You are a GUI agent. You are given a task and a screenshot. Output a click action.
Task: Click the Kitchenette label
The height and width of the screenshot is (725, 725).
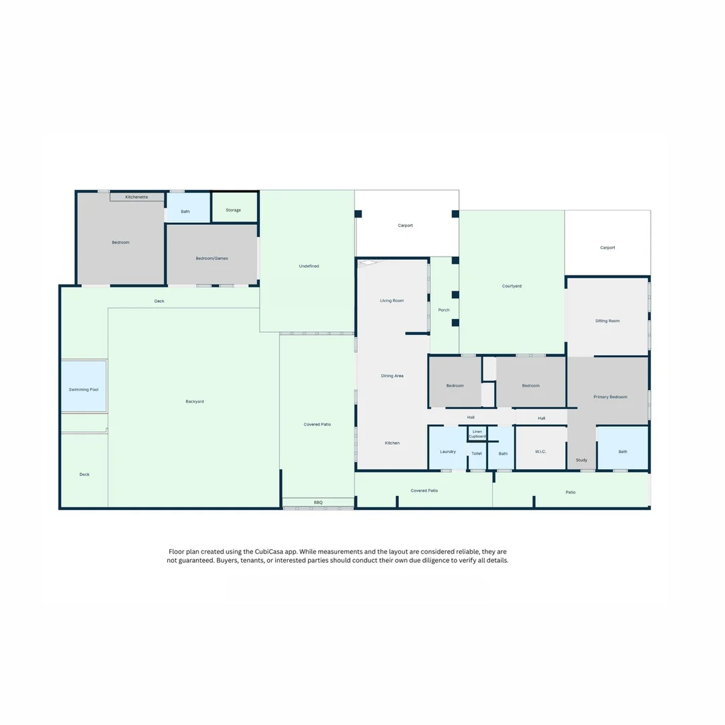point(136,197)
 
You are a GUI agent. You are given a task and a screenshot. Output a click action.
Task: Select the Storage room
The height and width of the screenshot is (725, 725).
point(234,210)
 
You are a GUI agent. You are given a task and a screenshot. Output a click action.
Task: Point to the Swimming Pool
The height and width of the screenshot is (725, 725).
point(84,389)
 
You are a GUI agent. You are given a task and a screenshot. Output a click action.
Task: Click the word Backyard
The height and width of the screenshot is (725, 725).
point(195,401)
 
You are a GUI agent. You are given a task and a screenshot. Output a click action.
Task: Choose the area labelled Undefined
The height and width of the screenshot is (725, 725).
point(309,266)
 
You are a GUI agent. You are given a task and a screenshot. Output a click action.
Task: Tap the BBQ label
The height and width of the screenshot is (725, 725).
point(318,502)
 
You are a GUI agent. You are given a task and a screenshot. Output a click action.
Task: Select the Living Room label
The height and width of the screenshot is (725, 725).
point(392,301)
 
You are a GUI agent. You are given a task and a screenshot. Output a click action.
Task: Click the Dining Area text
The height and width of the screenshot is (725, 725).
point(392,376)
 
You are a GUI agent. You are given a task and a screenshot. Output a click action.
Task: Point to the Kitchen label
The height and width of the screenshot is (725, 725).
point(392,443)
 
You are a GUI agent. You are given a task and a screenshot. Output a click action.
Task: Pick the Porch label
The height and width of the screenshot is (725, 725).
point(444,310)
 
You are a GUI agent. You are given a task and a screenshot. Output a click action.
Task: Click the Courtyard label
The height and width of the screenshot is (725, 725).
point(512,286)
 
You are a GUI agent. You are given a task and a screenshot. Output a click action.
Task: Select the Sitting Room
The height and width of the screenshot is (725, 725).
point(608,321)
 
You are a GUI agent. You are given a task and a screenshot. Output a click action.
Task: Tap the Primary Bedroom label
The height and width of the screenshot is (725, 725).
point(610,397)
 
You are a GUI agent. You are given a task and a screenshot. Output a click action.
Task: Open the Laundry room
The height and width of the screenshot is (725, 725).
point(448,452)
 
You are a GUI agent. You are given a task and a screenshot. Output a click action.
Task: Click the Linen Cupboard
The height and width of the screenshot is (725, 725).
point(477,434)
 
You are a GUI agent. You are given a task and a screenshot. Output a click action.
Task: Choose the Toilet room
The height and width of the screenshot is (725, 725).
point(477,454)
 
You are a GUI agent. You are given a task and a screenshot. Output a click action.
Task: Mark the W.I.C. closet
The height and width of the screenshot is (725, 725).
point(540,452)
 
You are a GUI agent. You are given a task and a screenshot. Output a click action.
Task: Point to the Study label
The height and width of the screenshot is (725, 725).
point(581,460)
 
